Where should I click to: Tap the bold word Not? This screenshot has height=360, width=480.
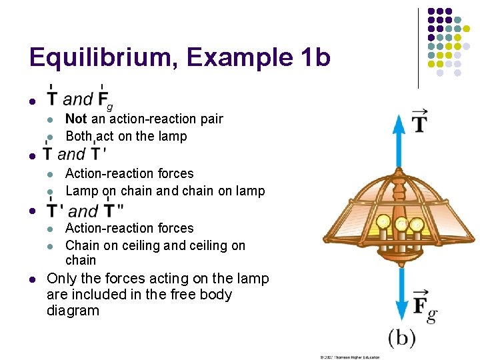pos(76,119)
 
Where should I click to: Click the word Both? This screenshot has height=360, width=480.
pos(80,136)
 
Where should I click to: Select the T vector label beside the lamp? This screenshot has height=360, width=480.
pos(420,121)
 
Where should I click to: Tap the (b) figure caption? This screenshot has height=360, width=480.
pos(401,337)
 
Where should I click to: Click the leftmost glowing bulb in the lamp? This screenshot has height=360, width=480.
pos(383,221)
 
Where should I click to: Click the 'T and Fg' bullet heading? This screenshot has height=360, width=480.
pos(79,100)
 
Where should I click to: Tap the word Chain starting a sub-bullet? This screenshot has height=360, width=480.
pos(83,245)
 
